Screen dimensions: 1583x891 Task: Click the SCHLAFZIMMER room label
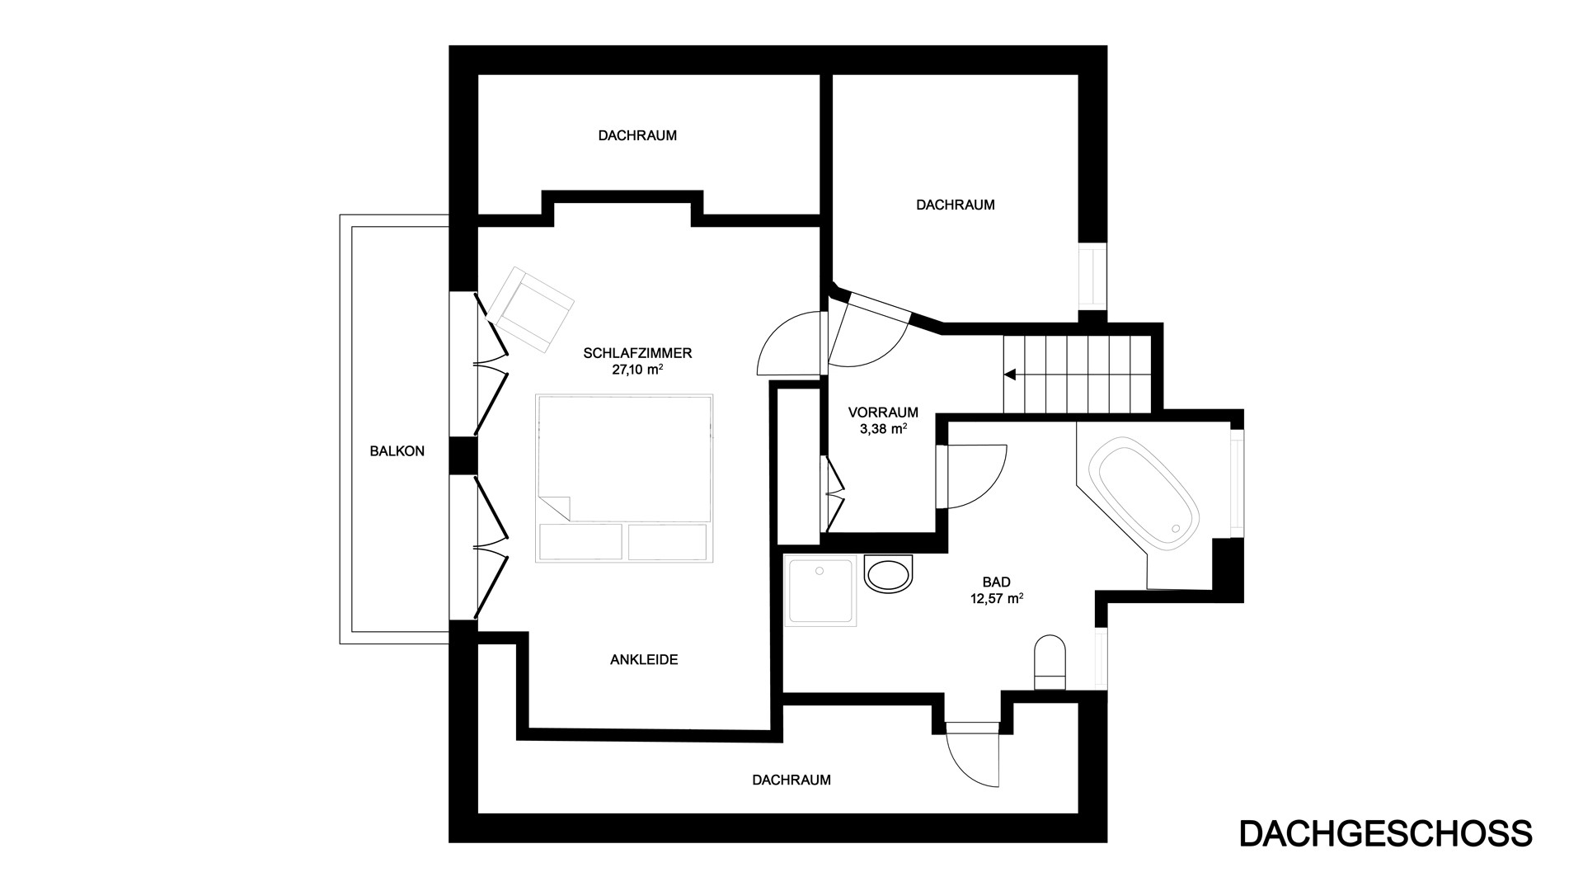click(x=637, y=353)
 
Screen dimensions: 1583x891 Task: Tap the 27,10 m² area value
click(x=637, y=370)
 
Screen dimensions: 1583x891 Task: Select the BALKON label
click(x=397, y=451)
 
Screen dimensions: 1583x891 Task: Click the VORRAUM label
click(x=883, y=412)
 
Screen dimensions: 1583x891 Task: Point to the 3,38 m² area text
click(x=883, y=428)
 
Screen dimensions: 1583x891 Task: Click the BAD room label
click(x=997, y=582)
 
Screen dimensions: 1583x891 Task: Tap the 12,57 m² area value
click(x=997, y=599)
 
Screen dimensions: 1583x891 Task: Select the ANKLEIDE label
click(x=644, y=660)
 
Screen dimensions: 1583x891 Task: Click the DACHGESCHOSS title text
click(x=1385, y=833)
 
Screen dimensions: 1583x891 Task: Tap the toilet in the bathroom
click(x=1050, y=662)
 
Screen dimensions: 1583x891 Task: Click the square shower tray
click(x=821, y=591)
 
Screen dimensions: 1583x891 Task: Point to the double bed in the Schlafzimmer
click(x=624, y=478)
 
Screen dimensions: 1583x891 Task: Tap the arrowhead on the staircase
click(x=1010, y=375)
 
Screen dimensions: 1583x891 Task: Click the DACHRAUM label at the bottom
click(x=791, y=780)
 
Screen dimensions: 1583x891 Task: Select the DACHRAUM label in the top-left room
click(x=637, y=135)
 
